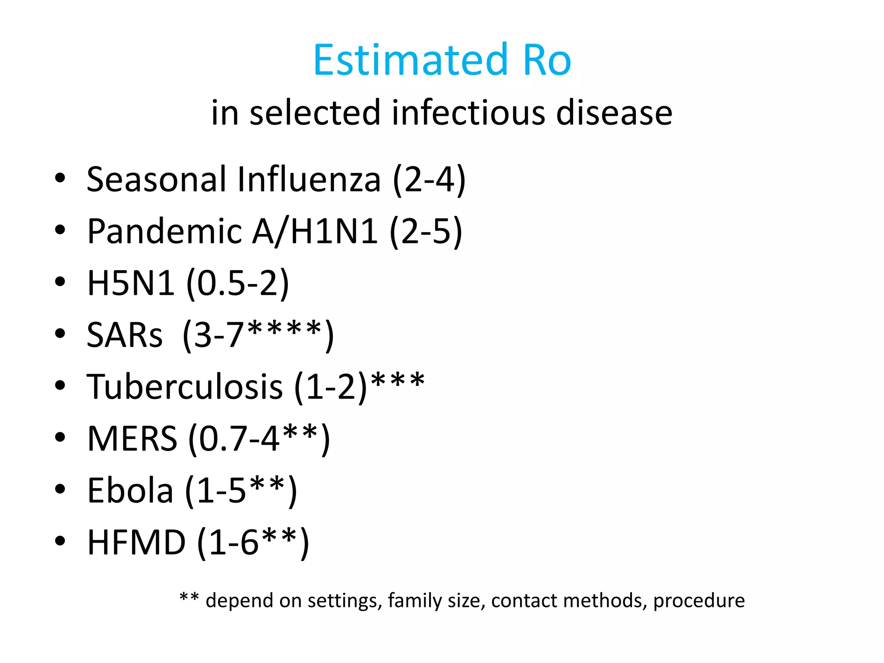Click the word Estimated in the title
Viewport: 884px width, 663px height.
[x=410, y=60]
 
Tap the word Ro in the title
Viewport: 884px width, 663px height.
[x=547, y=60]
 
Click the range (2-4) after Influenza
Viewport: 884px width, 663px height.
[x=429, y=180]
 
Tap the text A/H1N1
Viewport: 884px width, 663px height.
[x=314, y=232]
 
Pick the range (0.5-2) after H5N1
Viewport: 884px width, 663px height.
[x=237, y=284]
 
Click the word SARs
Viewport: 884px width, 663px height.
[x=124, y=335]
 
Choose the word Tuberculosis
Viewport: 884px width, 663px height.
[x=185, y=387]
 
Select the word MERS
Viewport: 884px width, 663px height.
[x=132, y=439]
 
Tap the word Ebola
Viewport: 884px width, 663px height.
[x=130, y=491]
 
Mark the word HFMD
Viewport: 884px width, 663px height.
[x=136, y=543]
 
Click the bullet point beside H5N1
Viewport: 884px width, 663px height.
[x=60, y=281]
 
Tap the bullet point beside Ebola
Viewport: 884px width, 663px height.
[x=60, y=489]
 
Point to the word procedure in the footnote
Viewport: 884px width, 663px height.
[x=699, y=601]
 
